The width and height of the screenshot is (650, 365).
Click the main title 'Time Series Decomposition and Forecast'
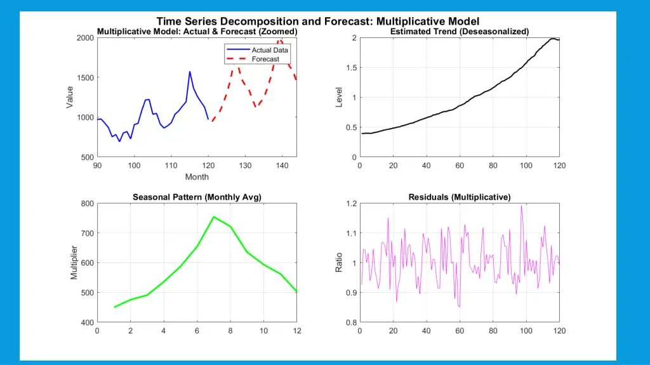317,22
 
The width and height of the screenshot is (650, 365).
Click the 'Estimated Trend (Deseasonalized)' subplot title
460,32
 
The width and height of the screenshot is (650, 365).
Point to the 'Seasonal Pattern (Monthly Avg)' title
197,197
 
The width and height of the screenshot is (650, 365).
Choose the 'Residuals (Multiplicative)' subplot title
460,197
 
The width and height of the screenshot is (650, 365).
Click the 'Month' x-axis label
197,177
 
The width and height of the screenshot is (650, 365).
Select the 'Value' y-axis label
70,97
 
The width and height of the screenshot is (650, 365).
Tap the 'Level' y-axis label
339,97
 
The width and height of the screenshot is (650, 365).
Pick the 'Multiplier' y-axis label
74,262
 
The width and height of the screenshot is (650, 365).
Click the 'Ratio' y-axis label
339,262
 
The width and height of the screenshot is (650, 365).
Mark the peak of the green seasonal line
214,217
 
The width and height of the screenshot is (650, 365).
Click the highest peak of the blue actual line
190,72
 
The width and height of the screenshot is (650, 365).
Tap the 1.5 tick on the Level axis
349,68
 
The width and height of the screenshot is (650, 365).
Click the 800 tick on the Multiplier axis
86,203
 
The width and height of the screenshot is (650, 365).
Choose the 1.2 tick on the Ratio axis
349,203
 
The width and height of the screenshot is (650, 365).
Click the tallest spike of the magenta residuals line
521,205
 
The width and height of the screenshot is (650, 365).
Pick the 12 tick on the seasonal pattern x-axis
296,331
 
